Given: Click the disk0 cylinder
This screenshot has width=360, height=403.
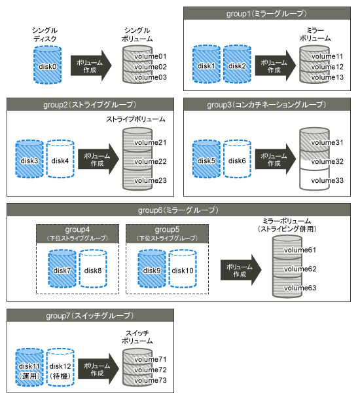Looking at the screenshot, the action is (48, 65).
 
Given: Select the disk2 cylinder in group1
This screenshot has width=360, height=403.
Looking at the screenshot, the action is (237, 64).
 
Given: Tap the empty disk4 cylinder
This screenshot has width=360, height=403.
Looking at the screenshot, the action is (60, 159).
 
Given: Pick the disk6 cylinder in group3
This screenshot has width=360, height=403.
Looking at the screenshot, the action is (237, 159).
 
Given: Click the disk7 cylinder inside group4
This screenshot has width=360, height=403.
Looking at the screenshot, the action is (62, 269).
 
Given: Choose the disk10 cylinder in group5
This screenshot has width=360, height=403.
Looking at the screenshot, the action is (183, 269).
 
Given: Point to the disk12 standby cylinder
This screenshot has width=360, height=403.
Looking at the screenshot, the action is (60, 367).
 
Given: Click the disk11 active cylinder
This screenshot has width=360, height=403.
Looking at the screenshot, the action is (29, 367).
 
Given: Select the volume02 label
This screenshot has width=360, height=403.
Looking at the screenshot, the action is (151, 67).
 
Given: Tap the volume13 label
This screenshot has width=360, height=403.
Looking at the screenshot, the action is (327, 77).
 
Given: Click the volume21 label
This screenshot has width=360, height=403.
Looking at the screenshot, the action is (151, 142).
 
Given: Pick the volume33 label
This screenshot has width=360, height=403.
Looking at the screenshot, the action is (327, 180).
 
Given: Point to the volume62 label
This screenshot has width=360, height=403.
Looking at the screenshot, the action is (300, 269).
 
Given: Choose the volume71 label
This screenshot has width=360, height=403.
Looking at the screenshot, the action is (151, 359).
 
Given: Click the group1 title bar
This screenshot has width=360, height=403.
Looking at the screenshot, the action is (267, 13).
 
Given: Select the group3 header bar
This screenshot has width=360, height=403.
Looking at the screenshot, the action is (267, 104).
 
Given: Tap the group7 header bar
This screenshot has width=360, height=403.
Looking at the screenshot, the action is (90, 315).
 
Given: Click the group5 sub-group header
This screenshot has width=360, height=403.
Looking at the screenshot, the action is (167, 234).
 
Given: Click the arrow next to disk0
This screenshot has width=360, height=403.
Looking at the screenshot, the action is (91, 66).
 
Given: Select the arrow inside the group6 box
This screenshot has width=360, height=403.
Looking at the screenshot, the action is (241, 270).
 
